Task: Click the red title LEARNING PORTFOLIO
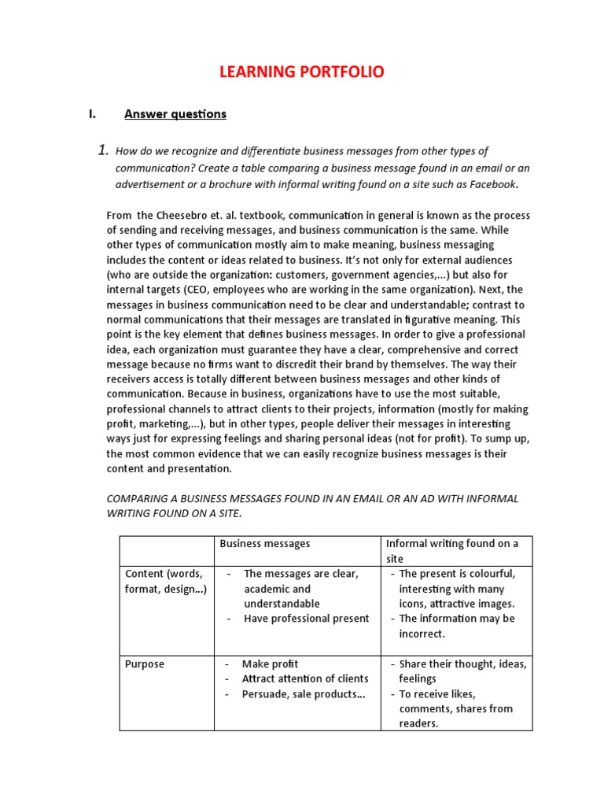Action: click(x=301, y=72)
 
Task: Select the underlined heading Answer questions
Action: click(x=175, y=114)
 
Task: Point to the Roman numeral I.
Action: click(x=92, y=114)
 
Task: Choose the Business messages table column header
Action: click(x=264, y=543)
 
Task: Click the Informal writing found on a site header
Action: click(x=452, y=550)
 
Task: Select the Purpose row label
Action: click(x=145, y=664)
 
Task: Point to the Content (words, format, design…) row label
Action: click(x=165, y=582)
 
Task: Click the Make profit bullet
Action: click(x=270, y=664)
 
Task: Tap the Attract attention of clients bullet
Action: click(x=304, y=678)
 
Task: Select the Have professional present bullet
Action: click(x=306, y=619)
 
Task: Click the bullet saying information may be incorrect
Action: click(x=456, y=626)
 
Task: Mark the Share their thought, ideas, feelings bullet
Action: click(x=462, y=671)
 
